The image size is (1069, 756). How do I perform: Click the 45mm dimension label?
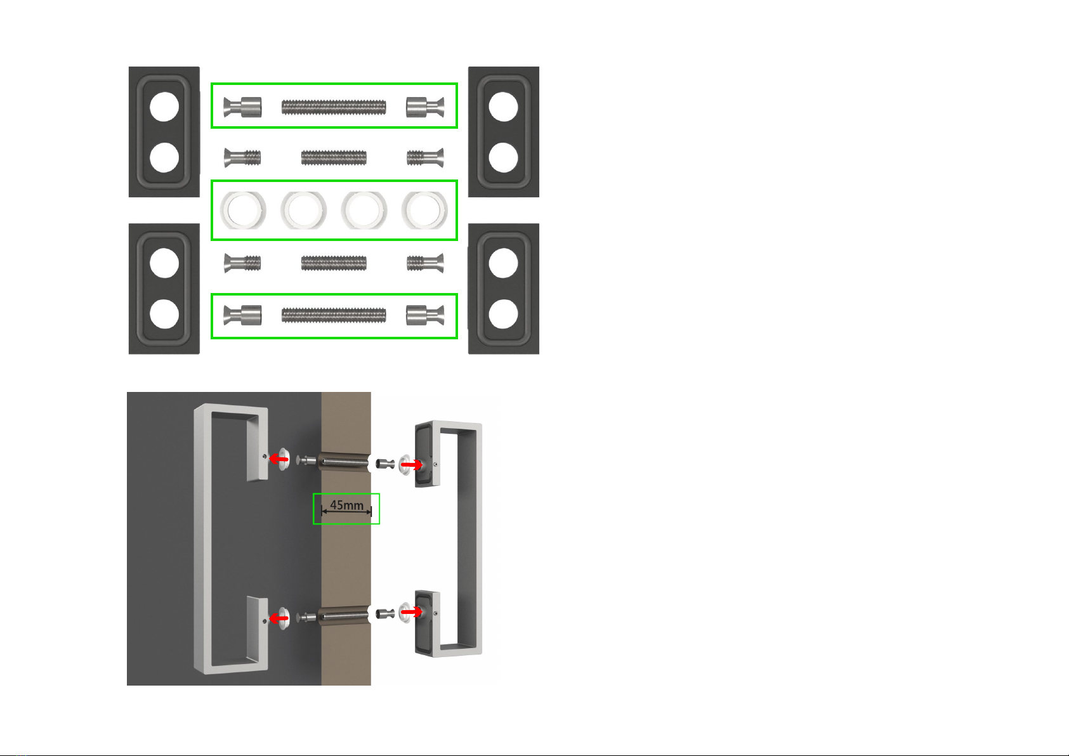(x=346, y=505)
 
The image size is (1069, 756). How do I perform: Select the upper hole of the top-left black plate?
(x=164, y=106)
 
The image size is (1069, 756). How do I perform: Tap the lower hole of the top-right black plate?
(x=503, y=158)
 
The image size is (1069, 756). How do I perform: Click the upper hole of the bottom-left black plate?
(x=164, y=263)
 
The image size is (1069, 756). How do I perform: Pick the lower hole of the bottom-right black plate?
(x=503, y=315)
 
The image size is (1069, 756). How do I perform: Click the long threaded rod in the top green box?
(x=334, y=107)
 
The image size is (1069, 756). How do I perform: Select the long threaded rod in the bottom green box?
(x=334, y=315)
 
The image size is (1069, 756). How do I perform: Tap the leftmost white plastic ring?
(x=243, y=211)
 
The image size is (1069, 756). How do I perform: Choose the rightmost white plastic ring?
(x=424, y=211)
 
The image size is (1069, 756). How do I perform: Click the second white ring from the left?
(x=303, y=211)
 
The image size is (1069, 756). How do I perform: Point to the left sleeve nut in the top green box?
(x=242, y=107)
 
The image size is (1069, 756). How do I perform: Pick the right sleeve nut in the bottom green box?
(x=425, y=315)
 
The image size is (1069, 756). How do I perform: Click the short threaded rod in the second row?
(x=334, y=157)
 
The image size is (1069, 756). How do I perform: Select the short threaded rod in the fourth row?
(x=334, y=263)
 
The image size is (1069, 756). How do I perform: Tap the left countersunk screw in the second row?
(x=242, y=157)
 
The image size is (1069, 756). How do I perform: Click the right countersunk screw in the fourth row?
(x=425, y=263)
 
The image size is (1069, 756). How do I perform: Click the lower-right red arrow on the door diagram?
(x=412, y=611)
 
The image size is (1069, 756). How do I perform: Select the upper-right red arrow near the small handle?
(x=412, y=464)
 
